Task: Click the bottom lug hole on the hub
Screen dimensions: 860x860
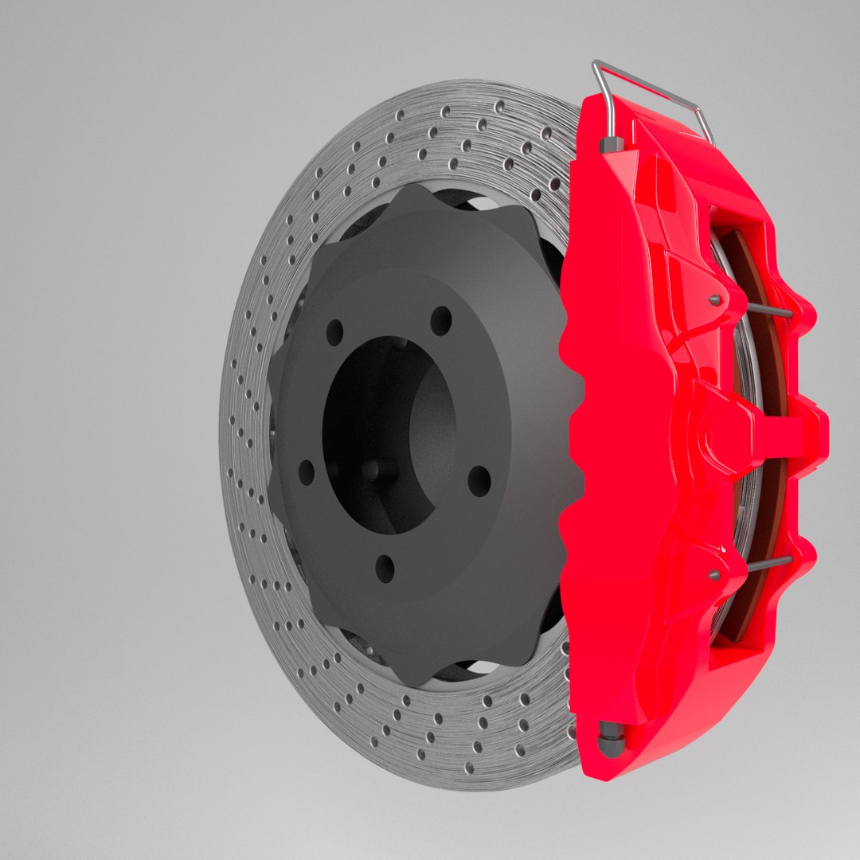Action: click(385, 568)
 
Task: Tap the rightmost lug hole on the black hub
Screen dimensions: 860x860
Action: click(479, 480)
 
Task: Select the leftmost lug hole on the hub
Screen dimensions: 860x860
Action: click(307, 472)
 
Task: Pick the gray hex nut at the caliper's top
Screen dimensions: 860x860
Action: click(612, 146)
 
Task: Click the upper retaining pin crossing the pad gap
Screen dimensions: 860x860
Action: click(769, 310)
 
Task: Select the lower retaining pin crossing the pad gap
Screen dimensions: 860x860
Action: click(769, 563)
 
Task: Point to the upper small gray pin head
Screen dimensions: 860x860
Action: click(714, 300)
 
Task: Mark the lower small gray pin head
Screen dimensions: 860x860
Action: click(713, 573)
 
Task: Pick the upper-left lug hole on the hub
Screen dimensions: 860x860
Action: click(334, 332)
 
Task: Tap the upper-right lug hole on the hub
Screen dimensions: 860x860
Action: click(440, 320)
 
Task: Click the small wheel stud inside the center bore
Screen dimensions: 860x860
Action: click(371, 469)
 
